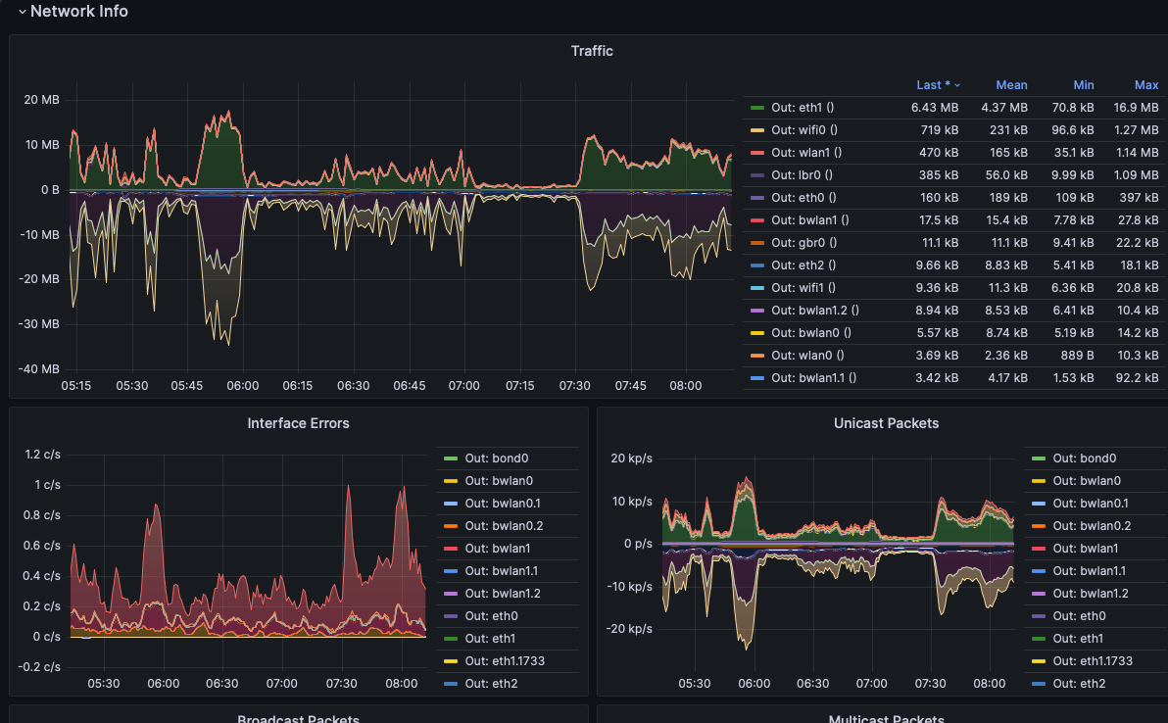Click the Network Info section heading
(x=78, y=12)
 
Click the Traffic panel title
(x=592, y=50)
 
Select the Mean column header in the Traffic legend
(x=1011, y=85)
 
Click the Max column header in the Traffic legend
(x=1146, y=85)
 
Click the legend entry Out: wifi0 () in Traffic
(x=803, y=130)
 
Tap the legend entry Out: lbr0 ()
(x=802, y=175)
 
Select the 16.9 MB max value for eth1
(x=1136, y=108)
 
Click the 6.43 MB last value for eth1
(x=935, y=108)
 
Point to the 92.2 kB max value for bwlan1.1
(x=1136, y=378)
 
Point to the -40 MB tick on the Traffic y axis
(x=40, y=369)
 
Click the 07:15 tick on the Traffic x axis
(x=520, y=386)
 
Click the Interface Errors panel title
(x=298, y=423)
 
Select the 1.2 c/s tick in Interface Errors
(x=42, y=455)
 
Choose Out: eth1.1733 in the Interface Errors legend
(x=505, y=661)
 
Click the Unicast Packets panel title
(x=886, y=423)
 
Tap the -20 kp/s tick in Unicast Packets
(x=631, y=629)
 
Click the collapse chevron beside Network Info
(x=22, y=13)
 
